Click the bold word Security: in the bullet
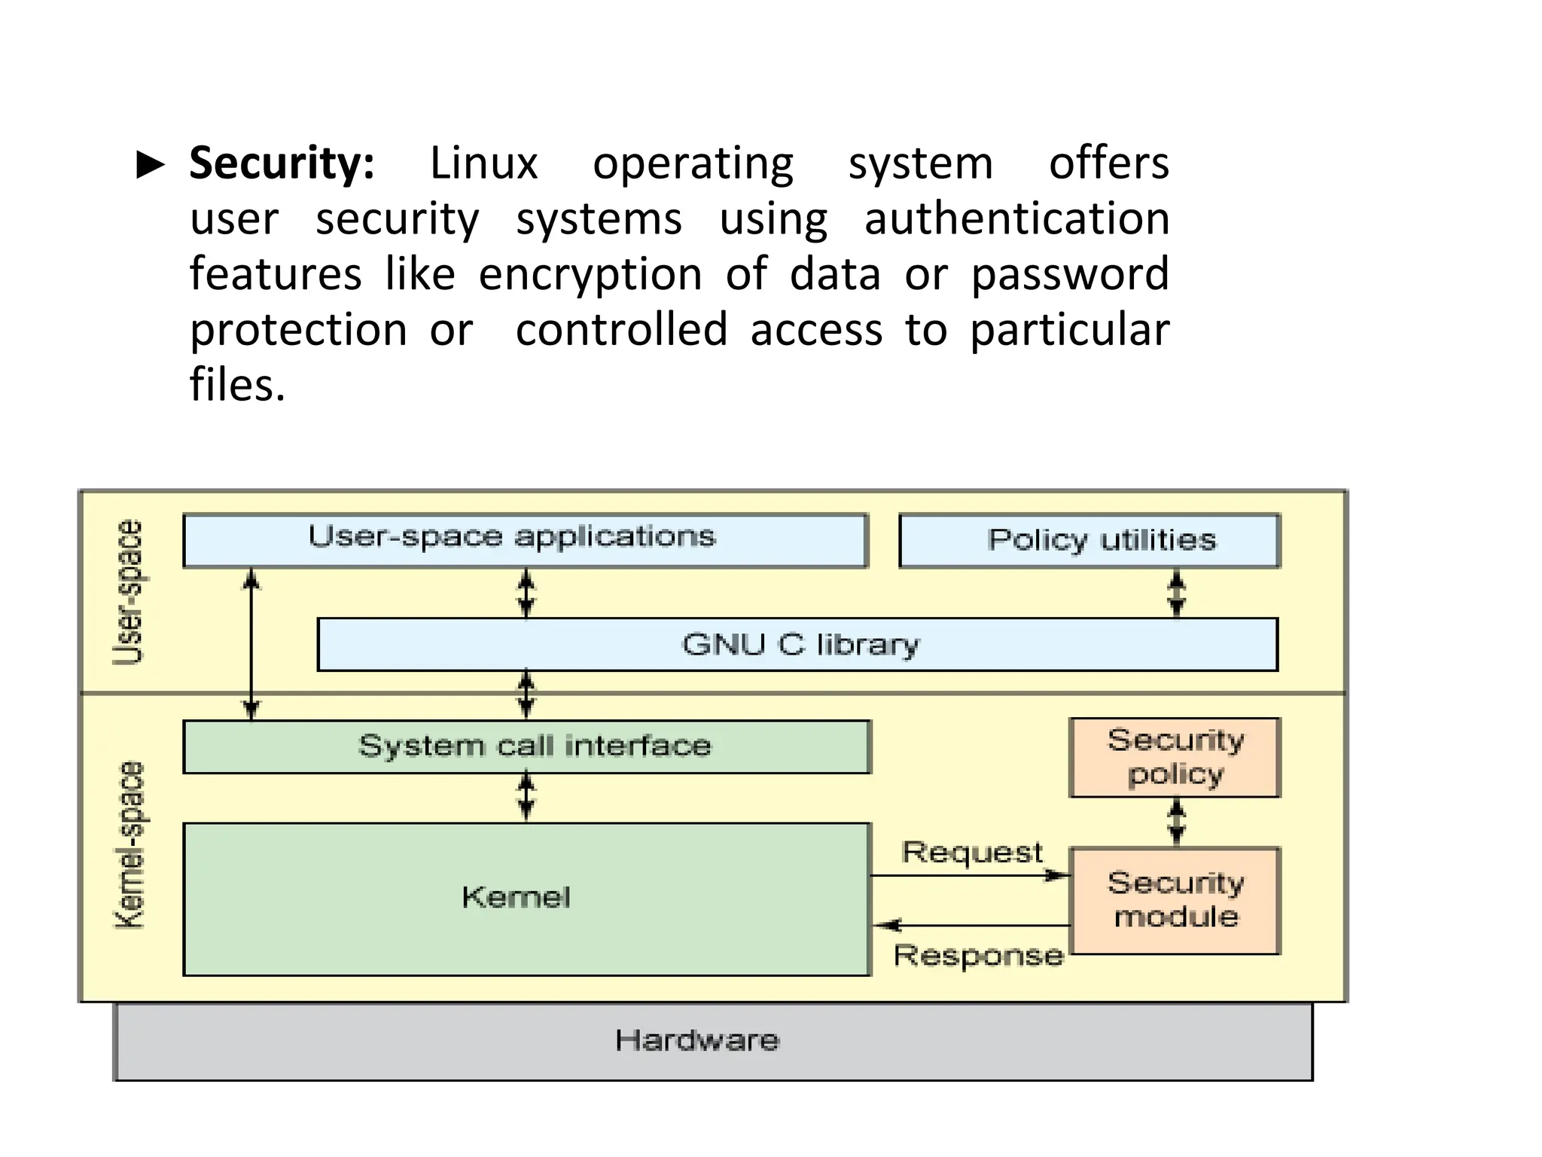[282, 163]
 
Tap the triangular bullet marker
[151, 164]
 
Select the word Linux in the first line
[483, 163]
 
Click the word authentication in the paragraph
[1016, 219]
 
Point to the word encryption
[590, 275]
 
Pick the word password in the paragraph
[1070, 275]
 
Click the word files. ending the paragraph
[237, 385]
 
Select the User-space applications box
[526, 540]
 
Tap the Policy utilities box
[1089, 540]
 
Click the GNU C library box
[798, 645]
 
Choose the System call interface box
[527, 746]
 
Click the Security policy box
[1175, 757]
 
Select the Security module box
[1175, 900]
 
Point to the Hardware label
[696, 1040]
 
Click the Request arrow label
[972, 853]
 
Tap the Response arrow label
[978, 956]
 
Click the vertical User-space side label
[128, 592]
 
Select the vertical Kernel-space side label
[129, 845]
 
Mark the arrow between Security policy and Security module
[1176, 823]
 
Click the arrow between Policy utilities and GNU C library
[1176, 593]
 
